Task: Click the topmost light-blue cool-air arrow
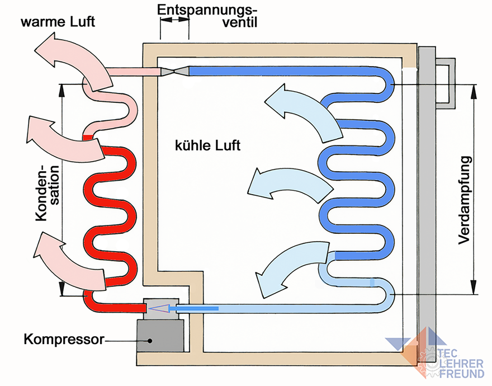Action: coord(302,110)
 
